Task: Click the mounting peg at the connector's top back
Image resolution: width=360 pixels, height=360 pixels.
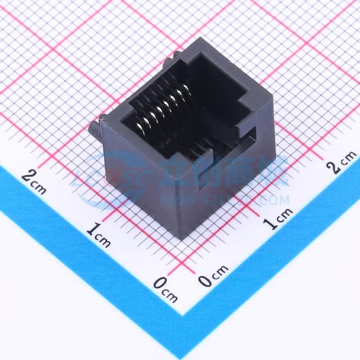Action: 176,57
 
